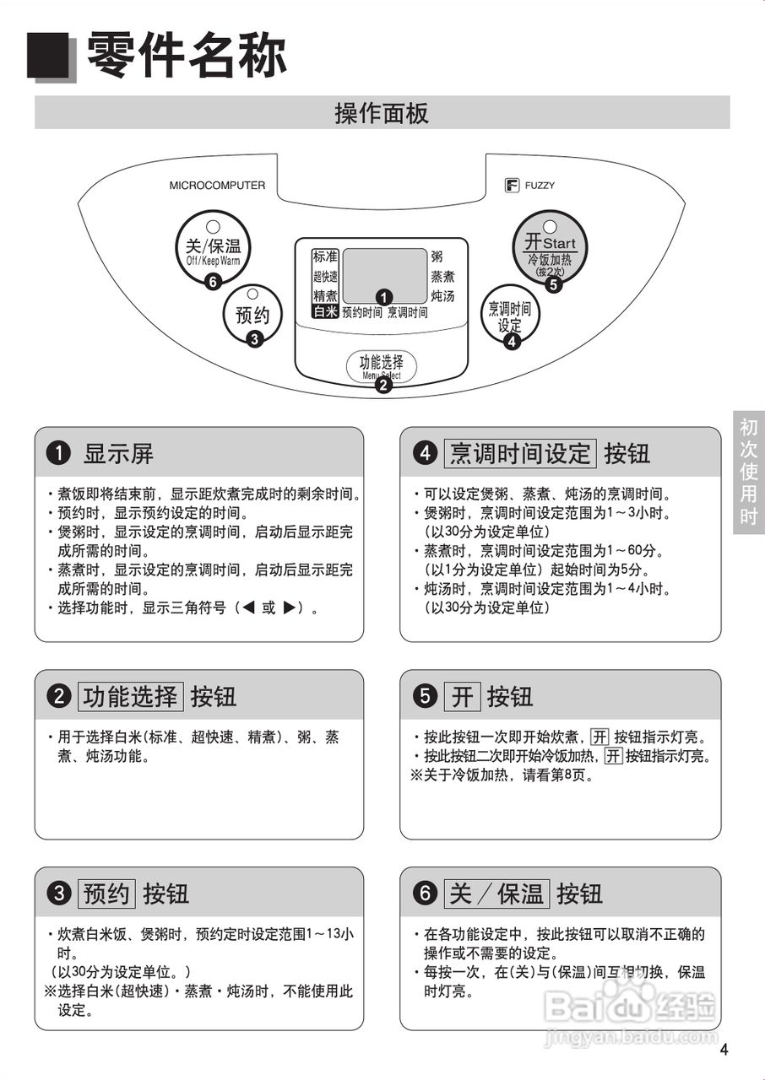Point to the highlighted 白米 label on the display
[x=326, y=311]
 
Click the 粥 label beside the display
[x=437, y=256]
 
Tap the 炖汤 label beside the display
[x=442, y=296]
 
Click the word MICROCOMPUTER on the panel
[x=217, y=186]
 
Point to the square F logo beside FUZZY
[x=511, y=186]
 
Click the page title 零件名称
[x=187, y=55]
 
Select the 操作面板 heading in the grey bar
[x=382, y=113]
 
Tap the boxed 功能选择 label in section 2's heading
[x=131, y=697]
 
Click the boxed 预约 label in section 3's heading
[x=107, y=894]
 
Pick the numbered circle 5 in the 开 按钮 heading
[x=424, y=697]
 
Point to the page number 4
[x=724, y=1050]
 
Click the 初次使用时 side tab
[x=749, y=472]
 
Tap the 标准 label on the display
[x=325, y=256]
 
